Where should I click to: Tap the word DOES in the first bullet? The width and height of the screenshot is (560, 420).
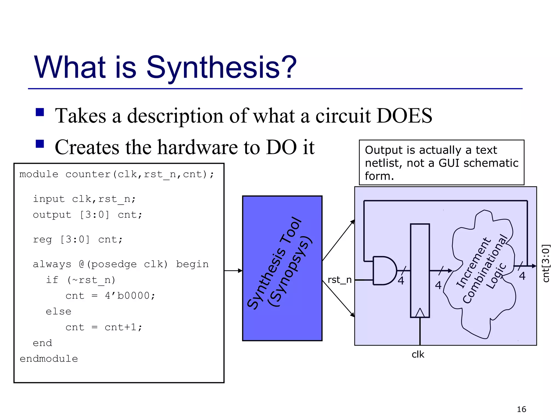point(404,115)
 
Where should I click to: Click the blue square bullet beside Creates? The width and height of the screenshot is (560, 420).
point(40,144)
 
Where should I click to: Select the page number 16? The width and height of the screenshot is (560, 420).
point(521,409)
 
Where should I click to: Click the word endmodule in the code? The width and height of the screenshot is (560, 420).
point(49,359)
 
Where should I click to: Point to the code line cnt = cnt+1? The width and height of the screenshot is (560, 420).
point(104,327)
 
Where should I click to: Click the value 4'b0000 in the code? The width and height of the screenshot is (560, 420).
point(130,296)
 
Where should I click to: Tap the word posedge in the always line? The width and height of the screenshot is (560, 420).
point(113,264)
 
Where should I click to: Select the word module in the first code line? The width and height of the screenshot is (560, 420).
point(39,174)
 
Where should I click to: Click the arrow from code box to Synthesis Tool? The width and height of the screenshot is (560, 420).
point(233,271)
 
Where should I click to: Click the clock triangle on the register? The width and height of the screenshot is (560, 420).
point(420,313)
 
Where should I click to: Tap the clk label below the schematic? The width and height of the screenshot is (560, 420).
point(418,354)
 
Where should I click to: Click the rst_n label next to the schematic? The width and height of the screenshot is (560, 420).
point(339,280)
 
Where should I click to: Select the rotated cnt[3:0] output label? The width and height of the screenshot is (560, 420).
point(546,263)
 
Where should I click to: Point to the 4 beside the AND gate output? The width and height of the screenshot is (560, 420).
point(401,281)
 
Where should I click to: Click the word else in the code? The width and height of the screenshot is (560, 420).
point(59,311)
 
